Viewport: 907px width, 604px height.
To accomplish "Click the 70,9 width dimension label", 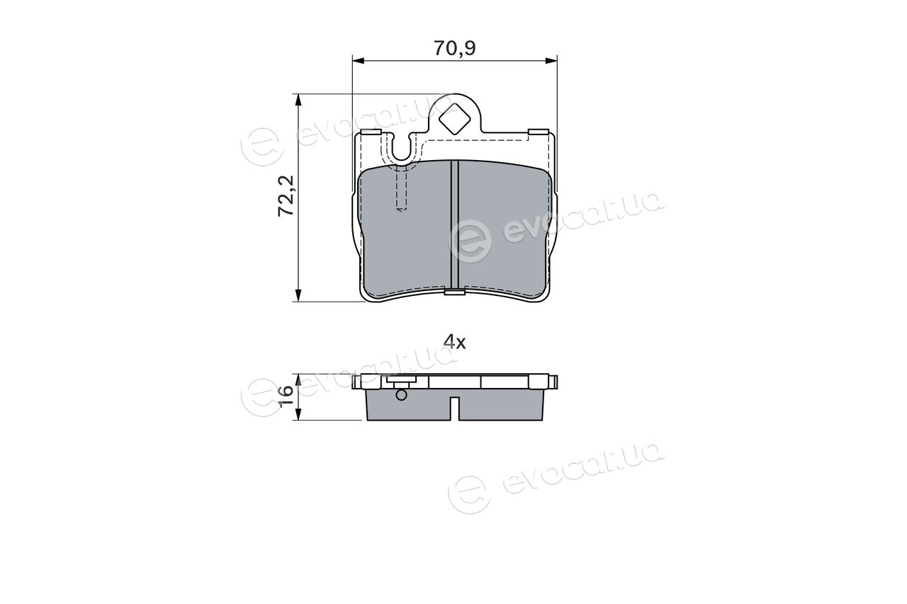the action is [455, 48].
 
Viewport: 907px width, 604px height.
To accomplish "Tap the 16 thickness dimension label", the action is [286, 397].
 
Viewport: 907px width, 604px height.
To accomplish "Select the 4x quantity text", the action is [454, 343].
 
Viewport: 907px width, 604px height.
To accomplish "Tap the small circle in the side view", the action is [401, 395].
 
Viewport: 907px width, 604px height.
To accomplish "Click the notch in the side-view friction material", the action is [454, 409].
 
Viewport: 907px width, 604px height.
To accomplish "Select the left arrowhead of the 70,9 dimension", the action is [359, 61].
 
